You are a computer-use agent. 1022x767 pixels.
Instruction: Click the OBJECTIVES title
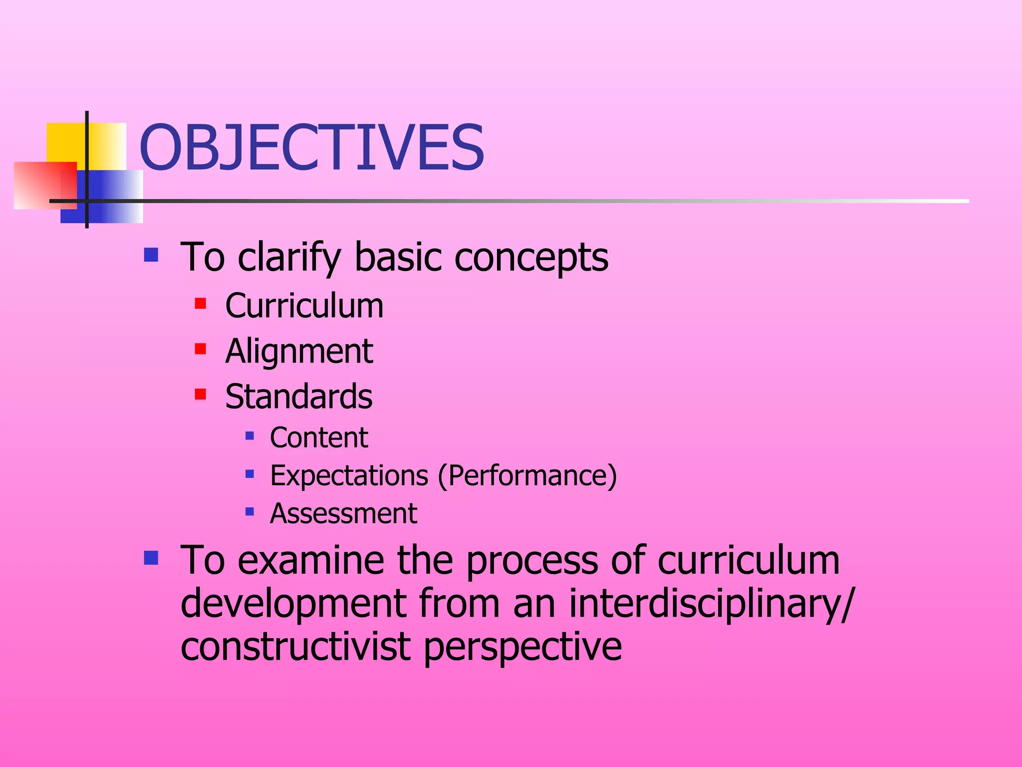[x=311, y=148]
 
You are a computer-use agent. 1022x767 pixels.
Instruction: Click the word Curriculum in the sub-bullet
[x=304, y=306]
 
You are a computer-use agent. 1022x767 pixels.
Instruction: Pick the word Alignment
[x=298, y=351]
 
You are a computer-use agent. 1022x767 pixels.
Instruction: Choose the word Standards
[x=298, y=396]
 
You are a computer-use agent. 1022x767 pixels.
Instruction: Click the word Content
[x=318, y=437]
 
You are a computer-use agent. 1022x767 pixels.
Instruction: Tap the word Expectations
[x=349, y=475]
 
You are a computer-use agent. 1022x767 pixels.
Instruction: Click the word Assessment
[x=343, y=513]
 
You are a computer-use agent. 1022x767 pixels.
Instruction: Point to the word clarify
[x=289, y=257]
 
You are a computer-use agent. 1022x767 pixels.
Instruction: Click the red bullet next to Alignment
[x=201, y=349]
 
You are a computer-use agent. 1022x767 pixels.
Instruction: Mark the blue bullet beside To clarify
[x=151, y=255]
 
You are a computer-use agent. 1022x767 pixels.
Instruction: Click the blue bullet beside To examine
[x=151, y=557]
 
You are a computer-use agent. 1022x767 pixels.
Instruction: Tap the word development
[x=293, y=603]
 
